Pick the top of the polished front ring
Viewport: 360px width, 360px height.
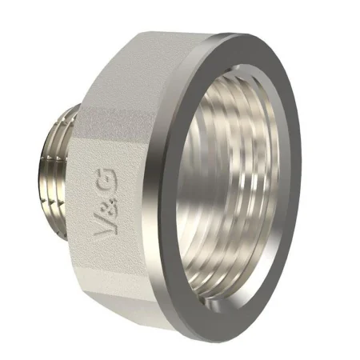[x=240, y=40]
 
